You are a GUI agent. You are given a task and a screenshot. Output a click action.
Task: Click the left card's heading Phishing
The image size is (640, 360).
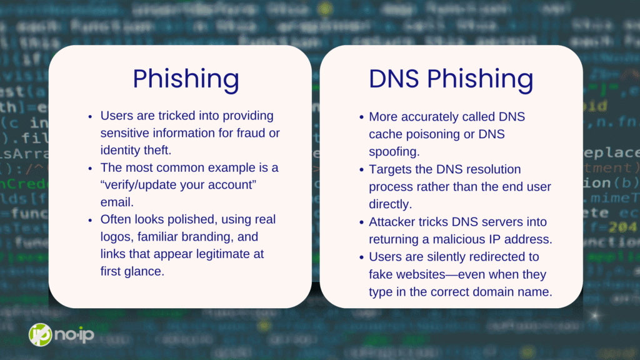[x=186, y=79]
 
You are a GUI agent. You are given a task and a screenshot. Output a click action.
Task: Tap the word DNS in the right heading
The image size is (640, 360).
[x=394, y=78]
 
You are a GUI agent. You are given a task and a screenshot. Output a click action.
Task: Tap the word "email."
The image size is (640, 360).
[x=117, y=202]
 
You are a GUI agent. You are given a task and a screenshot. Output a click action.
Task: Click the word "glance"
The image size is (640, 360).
[x=143, y=271]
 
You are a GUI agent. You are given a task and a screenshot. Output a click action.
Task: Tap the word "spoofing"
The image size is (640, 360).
[x=394, y=152]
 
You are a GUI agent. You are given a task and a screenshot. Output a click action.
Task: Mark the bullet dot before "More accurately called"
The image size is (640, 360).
[x=361, y=117]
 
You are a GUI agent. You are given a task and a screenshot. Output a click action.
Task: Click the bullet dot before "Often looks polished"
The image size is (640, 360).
[x=90, y=221]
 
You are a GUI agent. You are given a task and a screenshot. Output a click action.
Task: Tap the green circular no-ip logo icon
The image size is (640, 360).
[x=40, y=335]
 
